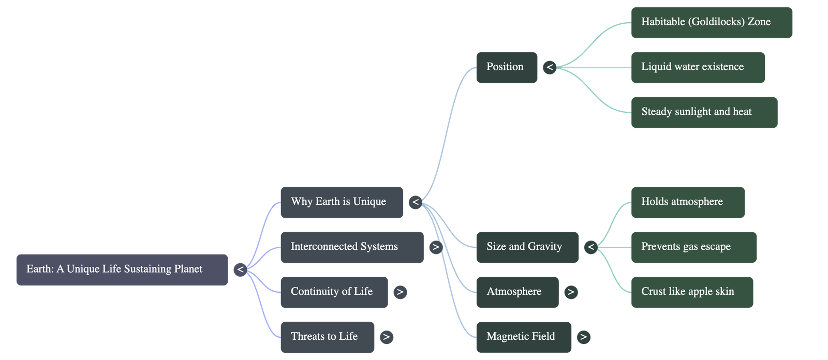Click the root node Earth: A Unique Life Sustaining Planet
tap(122, 269)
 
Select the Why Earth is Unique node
tap(342, 202)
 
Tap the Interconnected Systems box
tap(352, 247)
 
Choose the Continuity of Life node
tap(334, 292)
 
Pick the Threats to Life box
tap(327, 337)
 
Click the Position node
tap(507, 67)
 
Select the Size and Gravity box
tap(527, 247)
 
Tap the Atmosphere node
tap(517, 292)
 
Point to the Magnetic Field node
tap(524, 337)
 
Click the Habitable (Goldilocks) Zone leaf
tap(712, 22)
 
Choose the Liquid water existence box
tap(698, 67)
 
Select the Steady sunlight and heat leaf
tap(704, 112)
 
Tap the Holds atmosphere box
tap(688, 202)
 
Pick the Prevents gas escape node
tap(693, 247)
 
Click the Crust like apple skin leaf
tap(692, 292)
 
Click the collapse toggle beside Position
tap(550, 67)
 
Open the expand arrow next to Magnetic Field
tap(583, 337)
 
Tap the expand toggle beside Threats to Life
tap(386, 337)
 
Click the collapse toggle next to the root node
tap(240, 269)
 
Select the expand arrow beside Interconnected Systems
tap(436, 247)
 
